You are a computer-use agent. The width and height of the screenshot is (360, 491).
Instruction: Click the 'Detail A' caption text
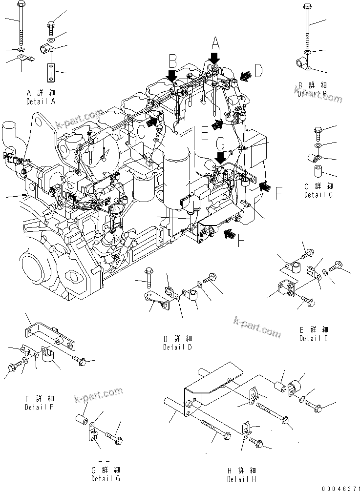[x=41, y=102]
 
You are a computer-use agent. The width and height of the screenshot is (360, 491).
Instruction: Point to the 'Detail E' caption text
[x=314, y=338]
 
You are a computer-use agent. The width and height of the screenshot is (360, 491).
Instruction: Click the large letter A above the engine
[x=215, y=45]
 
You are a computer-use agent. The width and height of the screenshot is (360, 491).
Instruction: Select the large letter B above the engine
[x=172, y=61]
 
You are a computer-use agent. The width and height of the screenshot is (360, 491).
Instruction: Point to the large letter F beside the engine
[x=278, y=194]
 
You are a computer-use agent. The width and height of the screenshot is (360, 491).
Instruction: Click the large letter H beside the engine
[x=240, y=241]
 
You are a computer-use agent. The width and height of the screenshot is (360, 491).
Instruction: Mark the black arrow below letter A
[x=213, y=60]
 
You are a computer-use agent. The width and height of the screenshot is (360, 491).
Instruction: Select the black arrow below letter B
[x=171, y=76]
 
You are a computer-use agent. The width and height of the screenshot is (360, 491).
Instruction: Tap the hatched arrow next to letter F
[x=265, y=185]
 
